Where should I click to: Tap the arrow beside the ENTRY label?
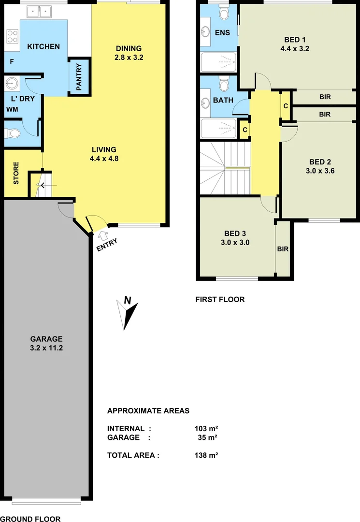pyautogui.click(x=102, y=235)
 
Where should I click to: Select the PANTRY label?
pyautogui.click(x=79, y=75)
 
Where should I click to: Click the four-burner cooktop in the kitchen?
pyautogui.click(x=12, y=35)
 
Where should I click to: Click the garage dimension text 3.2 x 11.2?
pyautogui.click(x=46, y=348)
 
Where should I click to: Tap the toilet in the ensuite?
pyautogui.click(x=224, y=14)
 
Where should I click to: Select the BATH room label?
pyautogui.click(x=223, y=101)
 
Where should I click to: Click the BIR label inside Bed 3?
pyautogui.click(x=283, y=249)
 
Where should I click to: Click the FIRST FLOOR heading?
pyautogui.click(x=220, y=299)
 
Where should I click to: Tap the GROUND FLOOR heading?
pyautogui.click(x=30, y=519)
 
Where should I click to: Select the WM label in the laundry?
pyautogui.click(x=12, y=110)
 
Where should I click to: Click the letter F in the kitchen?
pyautogui.click(x=12, y=62)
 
